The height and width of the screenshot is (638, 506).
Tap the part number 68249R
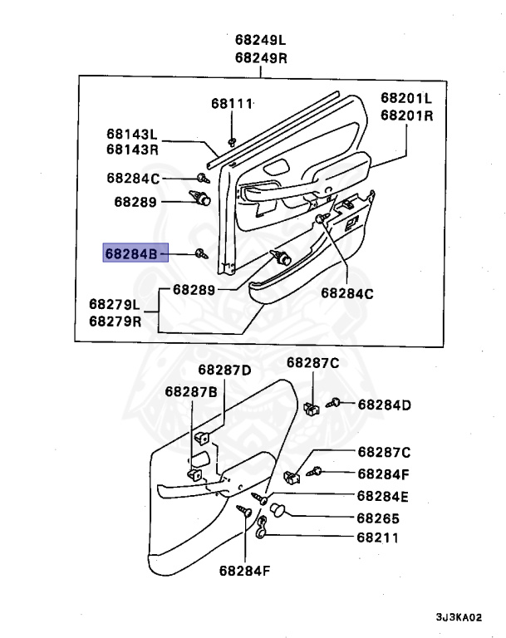(260, 57)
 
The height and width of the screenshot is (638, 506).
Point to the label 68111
(231, 104)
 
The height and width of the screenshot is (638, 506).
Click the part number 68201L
(407, 97)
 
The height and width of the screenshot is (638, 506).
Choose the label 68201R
(407, 115)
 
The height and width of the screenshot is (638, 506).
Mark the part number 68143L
(132, 134)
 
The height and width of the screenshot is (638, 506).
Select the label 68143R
(132, 150)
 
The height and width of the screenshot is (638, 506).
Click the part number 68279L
(115, 304)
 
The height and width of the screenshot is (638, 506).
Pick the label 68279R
(115, 321)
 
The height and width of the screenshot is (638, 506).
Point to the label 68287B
(191, 390)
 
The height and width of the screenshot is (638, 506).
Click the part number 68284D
(385, 405)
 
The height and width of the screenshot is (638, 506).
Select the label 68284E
(383, 496)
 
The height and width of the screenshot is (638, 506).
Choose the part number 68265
(378, 517)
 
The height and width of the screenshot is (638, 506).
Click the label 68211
(378, 537)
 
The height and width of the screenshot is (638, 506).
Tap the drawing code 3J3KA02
(459, 617)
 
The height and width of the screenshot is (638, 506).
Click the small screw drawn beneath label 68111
(232, 138)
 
